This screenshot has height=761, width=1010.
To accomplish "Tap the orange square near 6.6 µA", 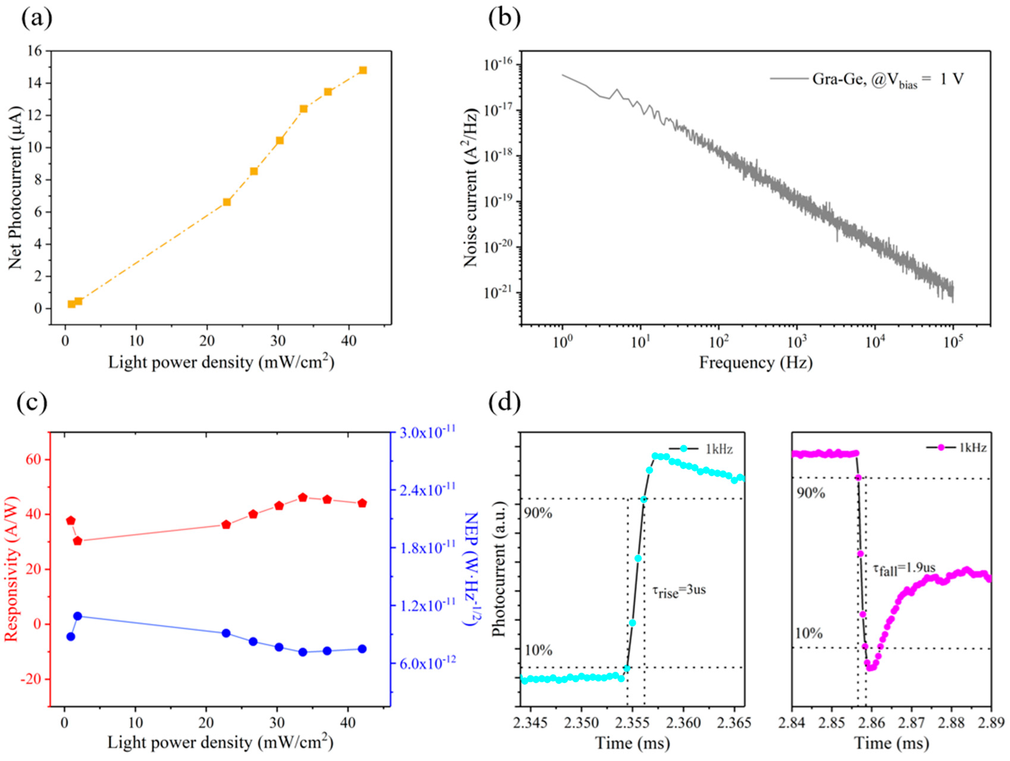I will point(227,202).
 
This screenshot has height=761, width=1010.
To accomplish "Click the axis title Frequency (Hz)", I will point(756,363).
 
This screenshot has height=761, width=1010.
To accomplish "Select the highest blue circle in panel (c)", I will point(78,616).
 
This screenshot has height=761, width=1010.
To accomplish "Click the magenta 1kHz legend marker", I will point(941,448).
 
